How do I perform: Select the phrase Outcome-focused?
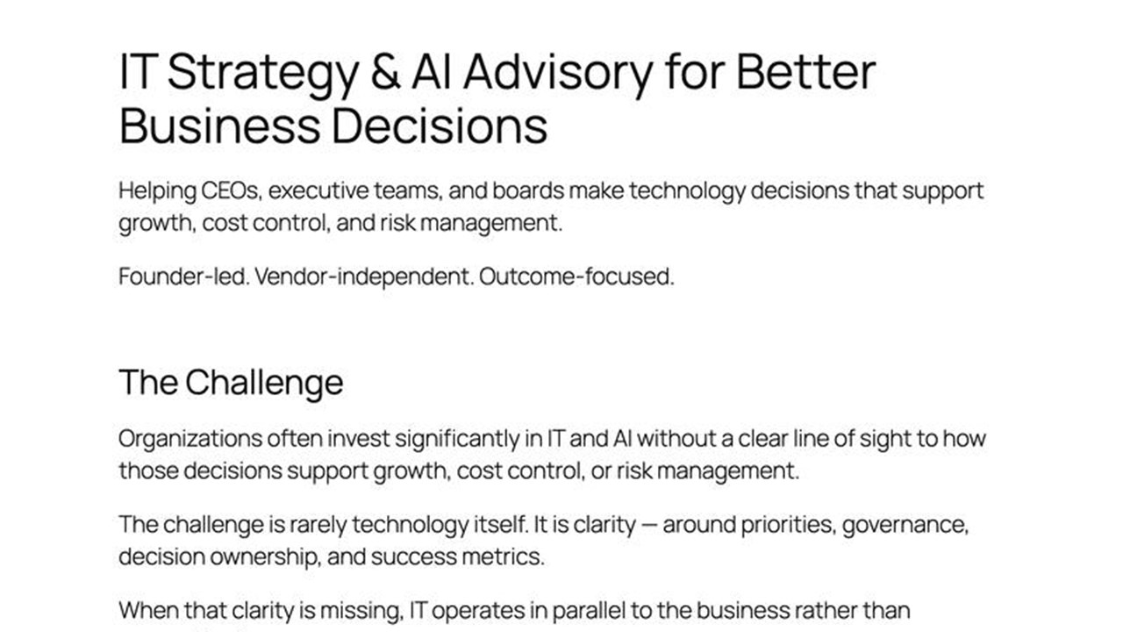click(576, 277)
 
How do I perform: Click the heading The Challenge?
click(231, 383)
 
